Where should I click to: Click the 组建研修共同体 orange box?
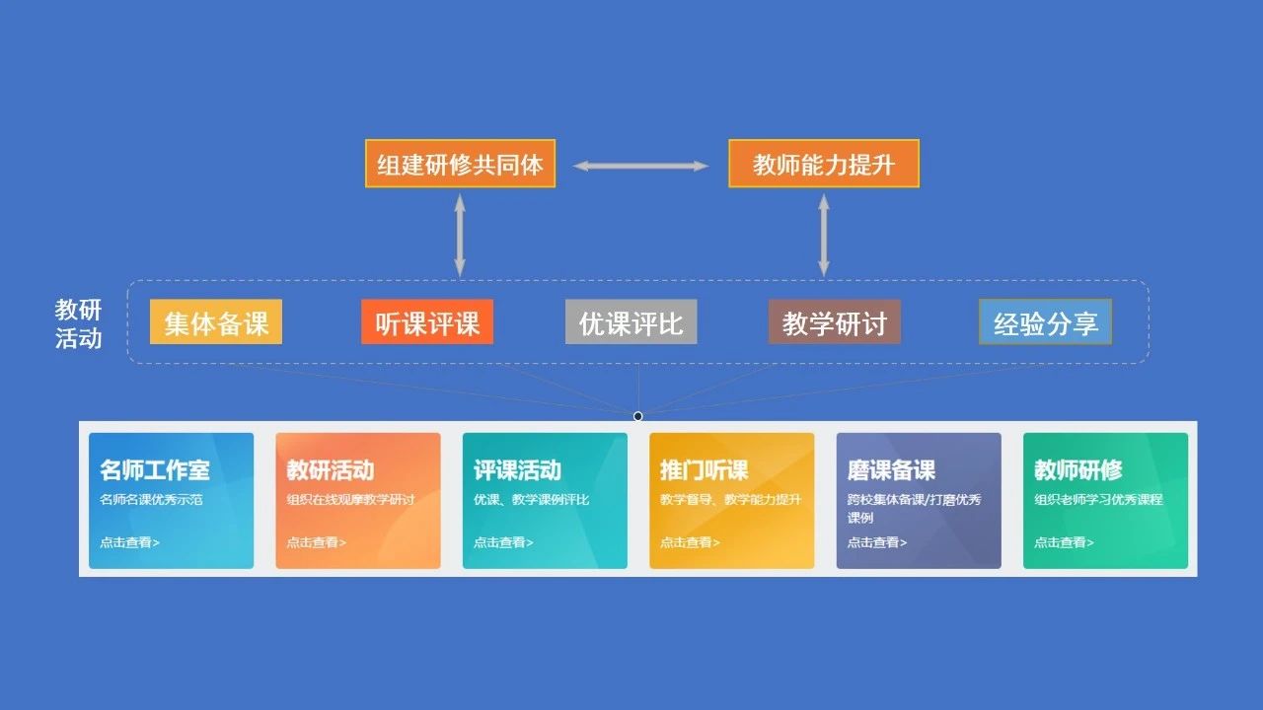pyautogui.click(x=460, y=164)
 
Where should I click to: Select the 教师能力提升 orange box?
pyautogui.click(x=824, y=164)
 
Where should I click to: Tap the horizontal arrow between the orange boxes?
pyautogui.click(x=641, y=166)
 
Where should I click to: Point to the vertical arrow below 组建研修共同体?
pyautogui.click(x=460, y=235)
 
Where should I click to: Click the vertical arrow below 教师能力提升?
pyautogui.click(x=824, y=235)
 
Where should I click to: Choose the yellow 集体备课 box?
pyautogui.click(x=216, y=322)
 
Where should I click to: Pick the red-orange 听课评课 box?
pyautogui.click(x=427, y=322)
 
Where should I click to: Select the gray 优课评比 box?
pyautogui.click(x=631, y=322)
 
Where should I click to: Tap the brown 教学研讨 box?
pyautogui.click(x=835, y=322)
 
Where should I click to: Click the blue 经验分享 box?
pyautogui.click(x=1045, y=322)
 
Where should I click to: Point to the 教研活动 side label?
pyautogui.click(x=79, y=324)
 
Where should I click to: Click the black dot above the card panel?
pyautogui.click(x=638, y=416)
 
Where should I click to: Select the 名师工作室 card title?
pyautogui.click(x=155, y=470)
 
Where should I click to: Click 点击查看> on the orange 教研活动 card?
pyautogui.click(x=317, y=542)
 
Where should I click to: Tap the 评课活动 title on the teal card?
pyautogui.click(x=517, y=470)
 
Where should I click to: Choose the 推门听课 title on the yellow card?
pyautogui.click(x=704, y=470)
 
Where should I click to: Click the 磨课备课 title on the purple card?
pyautogui.click(x=891, y=470)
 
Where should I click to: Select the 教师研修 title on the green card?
pyautogui.click(x=1077, y=470)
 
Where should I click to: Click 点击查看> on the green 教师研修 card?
pyautogui.click(x=1064, y=542)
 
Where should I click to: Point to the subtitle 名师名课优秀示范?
pyautogui.click(x=151, y=500)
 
